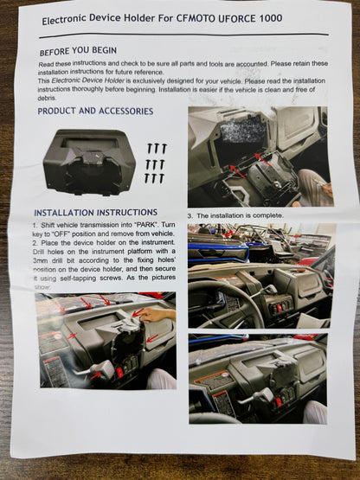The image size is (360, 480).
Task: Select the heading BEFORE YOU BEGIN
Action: (78, 51)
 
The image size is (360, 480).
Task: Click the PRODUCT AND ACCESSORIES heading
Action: (95, 112)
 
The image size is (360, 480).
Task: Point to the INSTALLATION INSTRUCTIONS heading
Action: (95, 212)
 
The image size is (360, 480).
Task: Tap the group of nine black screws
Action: (156, 163)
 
